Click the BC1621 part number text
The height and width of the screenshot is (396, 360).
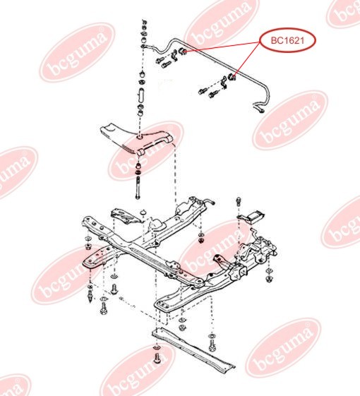click(287, 40)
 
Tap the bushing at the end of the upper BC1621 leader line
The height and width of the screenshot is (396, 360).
click(182, 52)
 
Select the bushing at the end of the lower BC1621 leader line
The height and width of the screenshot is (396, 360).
click(232, 77)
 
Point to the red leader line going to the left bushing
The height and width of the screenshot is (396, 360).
click(223, 47)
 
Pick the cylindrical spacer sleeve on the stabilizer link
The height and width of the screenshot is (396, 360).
click(141, 95)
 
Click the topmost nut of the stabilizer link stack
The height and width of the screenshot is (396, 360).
click(144, 21)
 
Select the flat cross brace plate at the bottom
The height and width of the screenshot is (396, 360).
click(193, 348)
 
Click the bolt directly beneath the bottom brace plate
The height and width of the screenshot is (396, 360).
click(157, 358)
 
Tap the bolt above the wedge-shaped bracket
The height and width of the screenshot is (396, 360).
click(239, 201)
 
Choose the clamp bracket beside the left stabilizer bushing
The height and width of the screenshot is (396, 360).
click(174, 56)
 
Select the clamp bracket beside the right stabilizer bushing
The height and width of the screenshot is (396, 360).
click(224, 83)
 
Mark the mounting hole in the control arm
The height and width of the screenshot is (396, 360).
click(140, 137)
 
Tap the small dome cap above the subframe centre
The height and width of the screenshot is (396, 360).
click(143, 211)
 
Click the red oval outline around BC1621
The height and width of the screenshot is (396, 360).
click(288, 40)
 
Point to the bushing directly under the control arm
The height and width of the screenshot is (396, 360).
click(138, 166)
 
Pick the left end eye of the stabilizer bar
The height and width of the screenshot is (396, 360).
click(143, 46)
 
